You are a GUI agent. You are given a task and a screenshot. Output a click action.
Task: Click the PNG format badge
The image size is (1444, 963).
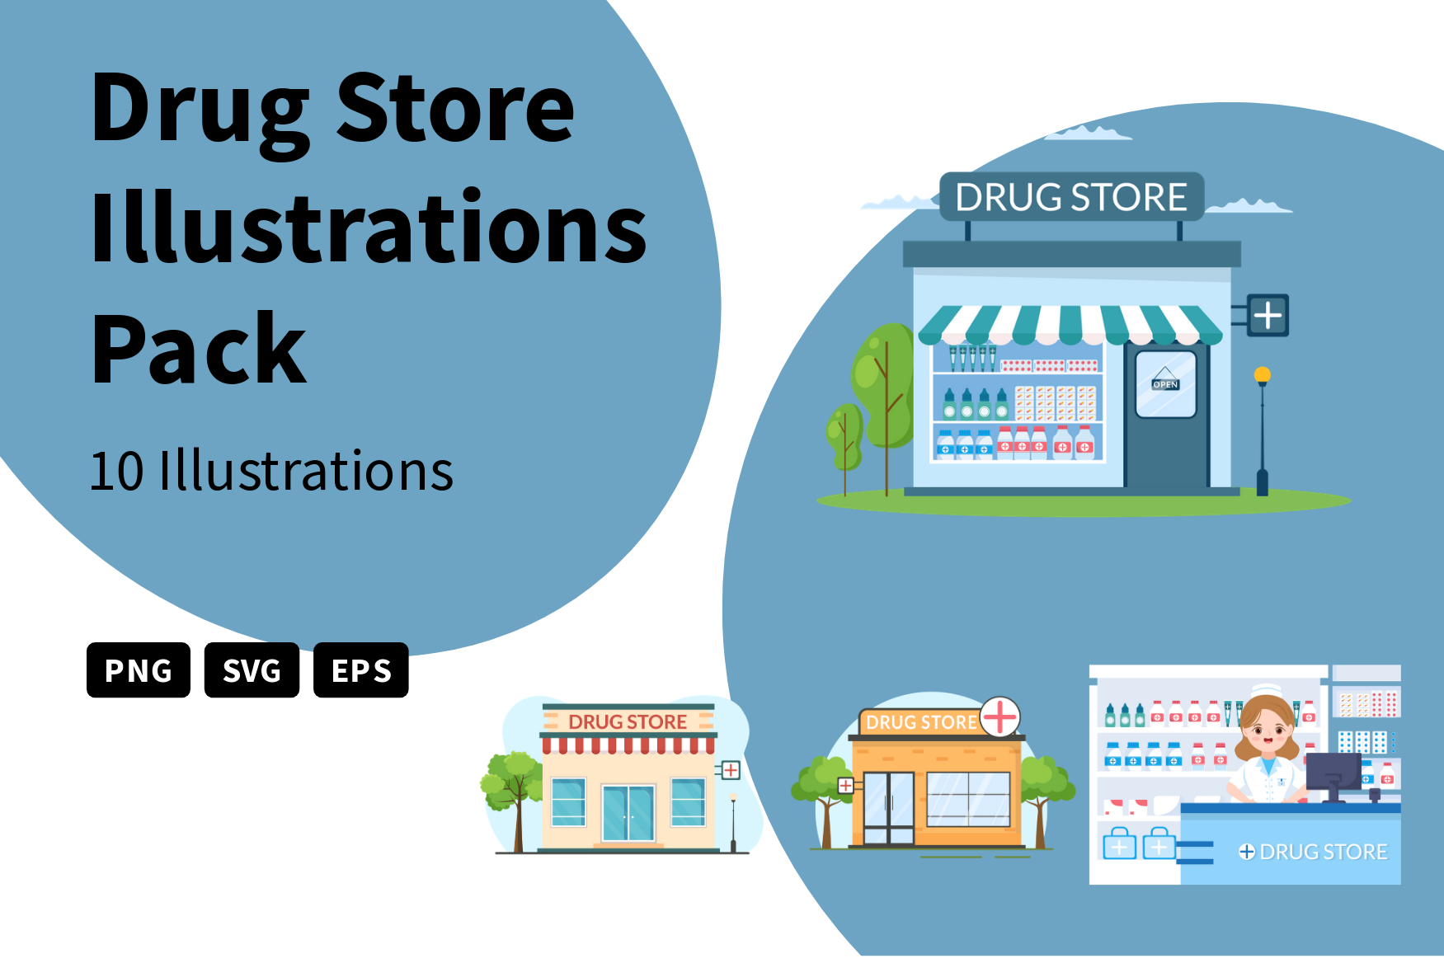(139, 669)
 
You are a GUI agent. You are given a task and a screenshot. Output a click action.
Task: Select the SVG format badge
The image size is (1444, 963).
(252, 669)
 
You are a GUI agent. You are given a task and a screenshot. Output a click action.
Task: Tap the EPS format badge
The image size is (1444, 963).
(361, 669)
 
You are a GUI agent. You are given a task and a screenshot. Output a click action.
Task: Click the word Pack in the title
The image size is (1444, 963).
(199, 350)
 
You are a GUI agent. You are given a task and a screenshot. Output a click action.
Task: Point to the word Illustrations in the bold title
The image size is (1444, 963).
(369, 226)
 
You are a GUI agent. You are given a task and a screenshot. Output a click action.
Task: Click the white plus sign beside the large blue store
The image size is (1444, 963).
(1268, 315)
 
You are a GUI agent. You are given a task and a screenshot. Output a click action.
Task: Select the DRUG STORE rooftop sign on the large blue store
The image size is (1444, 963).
(1071, 197)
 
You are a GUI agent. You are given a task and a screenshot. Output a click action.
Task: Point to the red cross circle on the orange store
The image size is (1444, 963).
(1000, 716)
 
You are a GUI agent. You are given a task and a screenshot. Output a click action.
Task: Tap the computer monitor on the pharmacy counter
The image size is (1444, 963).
(1333, 774)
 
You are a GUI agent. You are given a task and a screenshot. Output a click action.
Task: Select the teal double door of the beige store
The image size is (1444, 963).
(628, 813)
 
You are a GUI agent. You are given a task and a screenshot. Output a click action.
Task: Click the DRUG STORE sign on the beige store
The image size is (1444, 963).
(628, 721)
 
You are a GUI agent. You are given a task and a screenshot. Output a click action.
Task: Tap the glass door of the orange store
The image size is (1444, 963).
(889, 808)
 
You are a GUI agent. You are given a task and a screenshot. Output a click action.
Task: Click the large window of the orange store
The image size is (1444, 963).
(969, 799)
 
